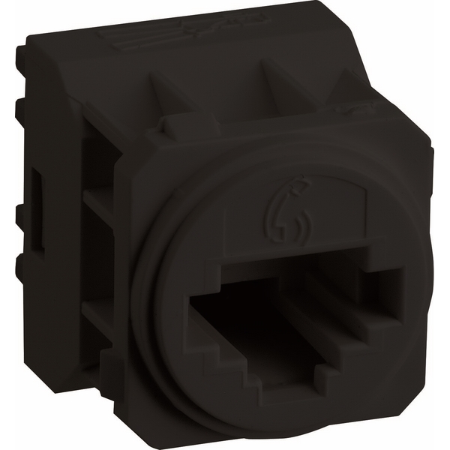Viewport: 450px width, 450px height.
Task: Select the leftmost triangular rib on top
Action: [162, 91]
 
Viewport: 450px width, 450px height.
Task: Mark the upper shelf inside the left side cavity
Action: [98, 199]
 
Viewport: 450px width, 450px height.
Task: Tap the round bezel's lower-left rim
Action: [154, 352]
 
